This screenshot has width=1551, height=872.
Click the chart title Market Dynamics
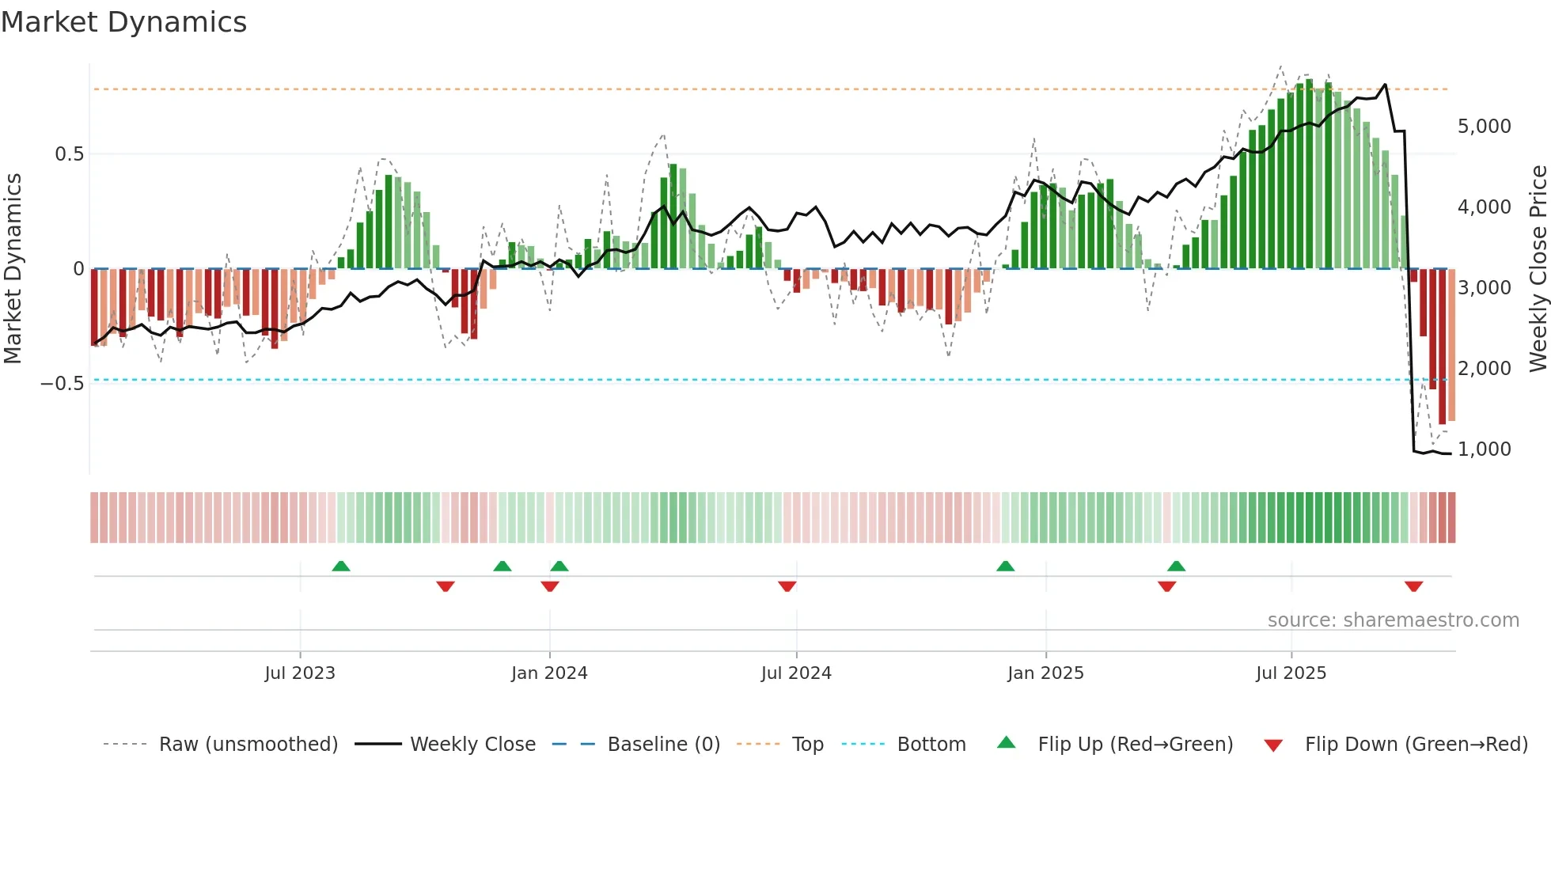pyautogui.click(x=124, y=22)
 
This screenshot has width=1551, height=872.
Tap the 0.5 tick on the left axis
pyautogui.click(x=70, y=154)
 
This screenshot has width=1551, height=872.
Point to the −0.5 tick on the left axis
pyautogui.click(x=63, y=384)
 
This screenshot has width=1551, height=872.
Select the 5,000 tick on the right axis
pyautogui.click(x=1484, y=127)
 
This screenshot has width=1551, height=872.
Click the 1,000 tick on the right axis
pyautogui.click(x=1484, y=449)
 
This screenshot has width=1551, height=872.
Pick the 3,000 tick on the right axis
pyautogui.click(x=1484, y=288)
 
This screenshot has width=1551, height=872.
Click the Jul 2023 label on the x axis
pyautogui.click(x=300, y=673)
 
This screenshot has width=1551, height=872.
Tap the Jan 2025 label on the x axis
pyautogui.click(x=1045, y=673)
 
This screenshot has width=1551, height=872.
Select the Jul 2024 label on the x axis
pyautogui.click(x=796, y=673)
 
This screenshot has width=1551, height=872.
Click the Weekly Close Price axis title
pyautogui.click(x=1538, y=269)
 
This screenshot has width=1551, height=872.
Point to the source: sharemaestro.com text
pyautogui.click(x=1393, y=620)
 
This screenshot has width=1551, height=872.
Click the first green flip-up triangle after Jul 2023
pyautogui.click(x=341, y=566)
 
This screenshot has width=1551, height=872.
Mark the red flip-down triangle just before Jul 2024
pyautogui.click(x=787, y=586)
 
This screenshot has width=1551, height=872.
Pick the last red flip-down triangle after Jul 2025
pyautogui.click(x=1413, y=586)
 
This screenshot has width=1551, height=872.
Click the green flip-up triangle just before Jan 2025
pyautogui.click(x=1005, y=566)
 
